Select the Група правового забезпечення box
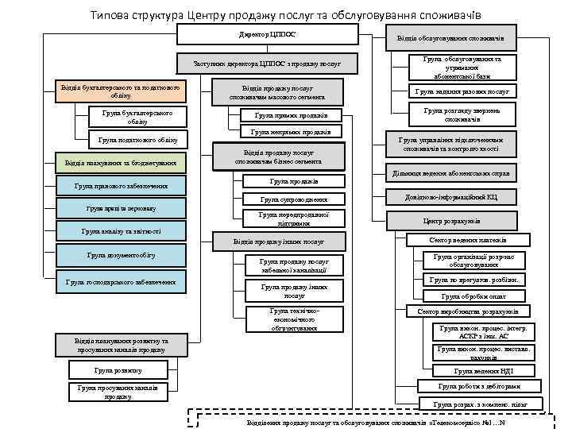(x=121, y=187)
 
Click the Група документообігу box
(x=121, y=255)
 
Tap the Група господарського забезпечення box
(x=121, y=281)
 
